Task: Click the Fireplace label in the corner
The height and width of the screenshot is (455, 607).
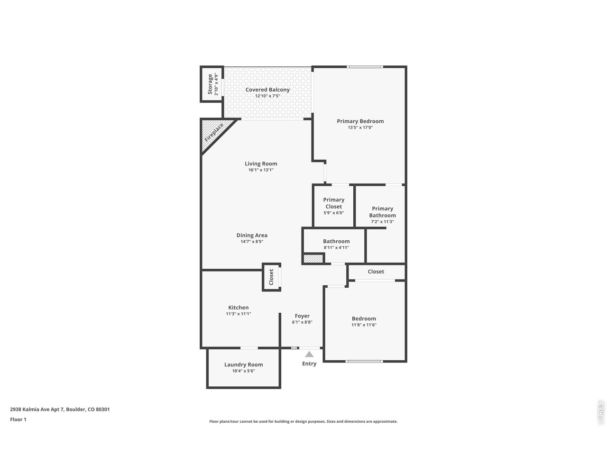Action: (x=214, y=133)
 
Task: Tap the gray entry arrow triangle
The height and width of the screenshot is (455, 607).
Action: (x=309, y=354)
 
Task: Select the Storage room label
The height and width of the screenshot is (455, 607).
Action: (x=210, y=84)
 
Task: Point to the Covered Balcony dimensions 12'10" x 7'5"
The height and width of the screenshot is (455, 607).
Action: (x=267, y=96)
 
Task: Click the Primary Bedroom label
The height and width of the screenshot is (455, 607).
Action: (x=360, y=121)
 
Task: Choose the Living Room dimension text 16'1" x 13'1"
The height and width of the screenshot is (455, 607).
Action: (x=261, y=170)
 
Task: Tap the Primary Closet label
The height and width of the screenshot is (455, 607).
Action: (x=333, y=203)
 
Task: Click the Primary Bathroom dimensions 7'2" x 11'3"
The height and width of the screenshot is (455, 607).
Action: (x=382, y=221)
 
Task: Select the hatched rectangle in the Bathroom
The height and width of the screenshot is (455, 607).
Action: (x=313, y=259)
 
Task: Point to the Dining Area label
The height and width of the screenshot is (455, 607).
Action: (x=252, y=235)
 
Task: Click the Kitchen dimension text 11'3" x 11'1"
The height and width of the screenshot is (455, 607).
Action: (x=239, y=314)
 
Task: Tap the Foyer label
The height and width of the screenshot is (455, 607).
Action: (x=302, y=316)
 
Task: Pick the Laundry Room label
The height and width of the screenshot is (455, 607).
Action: (x=243, y=364)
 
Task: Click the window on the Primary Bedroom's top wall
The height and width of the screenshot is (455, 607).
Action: (x=365, y=66)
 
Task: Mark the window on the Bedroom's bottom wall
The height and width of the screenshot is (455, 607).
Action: (x=364, y=361)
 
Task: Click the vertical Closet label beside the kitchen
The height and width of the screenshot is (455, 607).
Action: (x=271, y=277)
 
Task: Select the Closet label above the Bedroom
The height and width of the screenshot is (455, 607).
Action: (x=376, y=272)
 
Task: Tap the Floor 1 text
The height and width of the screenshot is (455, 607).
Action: (x=18, y=419)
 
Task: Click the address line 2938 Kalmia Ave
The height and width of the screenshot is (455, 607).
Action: (x=60, y=409)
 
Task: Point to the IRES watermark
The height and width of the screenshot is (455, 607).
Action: (x=600, y=413)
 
